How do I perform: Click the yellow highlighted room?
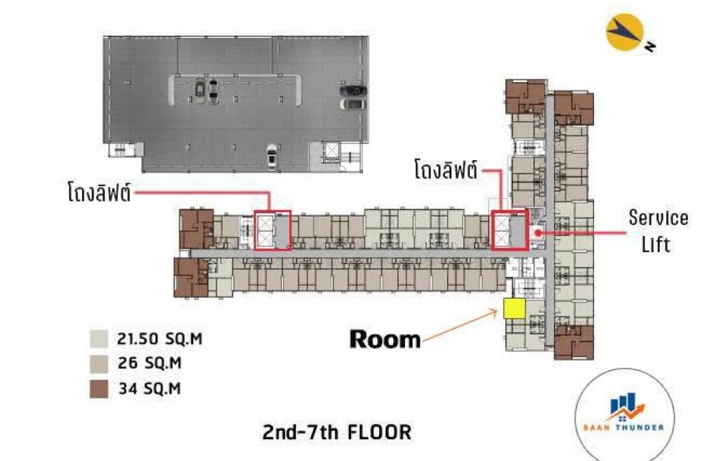(515, 309)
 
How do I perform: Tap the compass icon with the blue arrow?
(625, 32)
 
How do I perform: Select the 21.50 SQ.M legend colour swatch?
(99, 339)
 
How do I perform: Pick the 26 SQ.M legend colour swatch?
(99, 364)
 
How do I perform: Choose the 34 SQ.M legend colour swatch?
(99, 389)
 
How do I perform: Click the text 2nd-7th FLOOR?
(337, 432)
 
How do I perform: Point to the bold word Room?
(385, 339)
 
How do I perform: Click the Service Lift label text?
(658, 231)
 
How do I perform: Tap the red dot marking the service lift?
(539, 233)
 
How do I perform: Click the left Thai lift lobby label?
(100, 192)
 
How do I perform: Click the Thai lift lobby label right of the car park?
(446, 169)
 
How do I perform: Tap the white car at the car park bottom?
(272, 157)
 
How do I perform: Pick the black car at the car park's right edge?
(354, 91)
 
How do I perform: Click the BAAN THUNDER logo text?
(623, 427)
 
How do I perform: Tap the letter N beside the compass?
(650, 46)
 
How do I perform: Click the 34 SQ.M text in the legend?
(150, 389)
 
